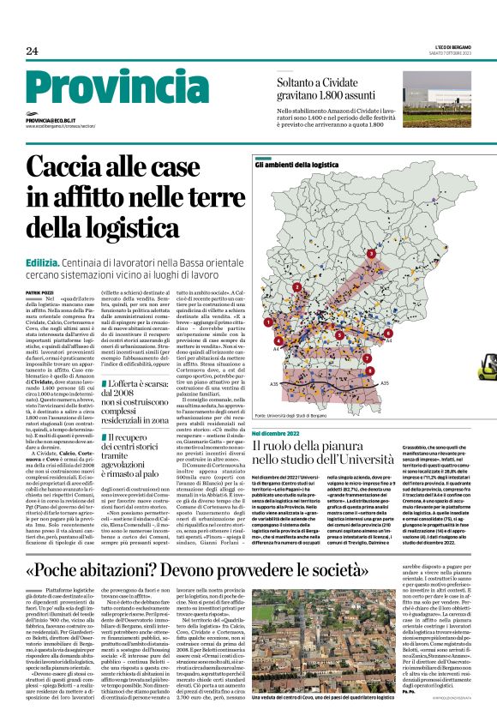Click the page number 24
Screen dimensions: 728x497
pyautogui.click(x=32, y=51)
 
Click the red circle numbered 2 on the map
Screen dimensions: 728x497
pyautogui.click(x=297, y=287)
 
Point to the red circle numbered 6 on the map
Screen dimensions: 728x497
pyautogui.click(x=388, y=333)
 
